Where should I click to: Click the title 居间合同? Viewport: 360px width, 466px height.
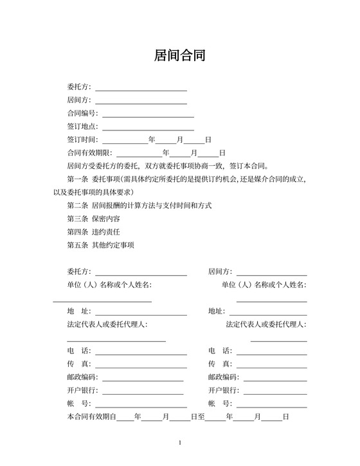click(x=180, y=56)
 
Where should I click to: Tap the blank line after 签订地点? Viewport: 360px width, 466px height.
click(x=148, y=127)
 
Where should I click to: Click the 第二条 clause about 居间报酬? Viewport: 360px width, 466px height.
click(x=139, y=206)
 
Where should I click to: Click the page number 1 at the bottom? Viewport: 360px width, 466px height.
click(x=180, y=442)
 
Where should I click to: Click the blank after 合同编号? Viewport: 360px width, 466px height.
click(x=148, y=114)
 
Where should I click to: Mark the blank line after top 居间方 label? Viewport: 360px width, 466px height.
click(x=141, y=100)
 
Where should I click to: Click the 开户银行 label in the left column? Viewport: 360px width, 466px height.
click(x=83, y=390)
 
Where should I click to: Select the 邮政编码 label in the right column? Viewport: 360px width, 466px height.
click(x=223, y=377)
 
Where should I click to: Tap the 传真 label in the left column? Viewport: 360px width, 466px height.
click(x=79, y=364)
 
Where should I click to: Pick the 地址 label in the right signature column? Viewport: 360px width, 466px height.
click(x=217, y=311)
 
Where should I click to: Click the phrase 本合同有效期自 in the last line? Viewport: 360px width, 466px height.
click(x=91, y=417)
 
